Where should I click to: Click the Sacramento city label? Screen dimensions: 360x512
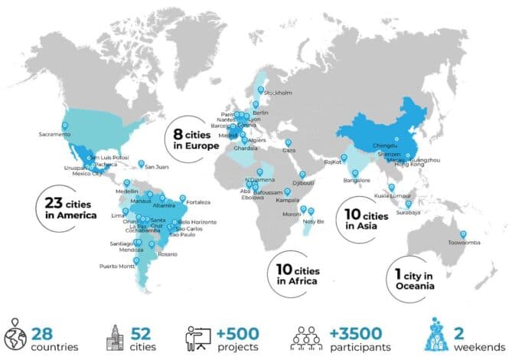pos(55,136)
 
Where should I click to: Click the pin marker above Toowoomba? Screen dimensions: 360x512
pos(462,234)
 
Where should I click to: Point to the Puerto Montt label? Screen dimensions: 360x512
pos(117,266)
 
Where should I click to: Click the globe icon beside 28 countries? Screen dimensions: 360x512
pos(15,337)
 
